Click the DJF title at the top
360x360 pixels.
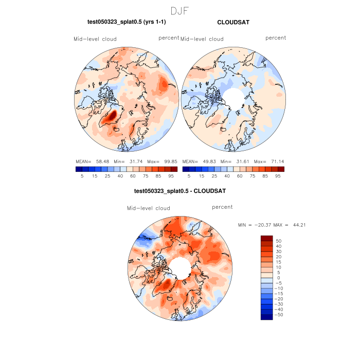pyautogui.click(x=180, y=10)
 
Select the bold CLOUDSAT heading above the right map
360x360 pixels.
pyautogui.click(x=233, y=22)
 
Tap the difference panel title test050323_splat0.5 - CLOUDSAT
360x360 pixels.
pyautogui.click(x=179, y=191)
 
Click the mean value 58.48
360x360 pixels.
pyautogui.click(x=104, y=161)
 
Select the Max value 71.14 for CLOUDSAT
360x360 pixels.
pyautogui.click(x=275, y=161)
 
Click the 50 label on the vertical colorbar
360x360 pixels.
pyautogui.click(x=279, y=241)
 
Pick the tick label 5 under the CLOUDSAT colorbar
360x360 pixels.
pyautogui.click(x=189, y=176)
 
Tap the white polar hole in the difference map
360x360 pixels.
pyautogui.click(x=179, y=267)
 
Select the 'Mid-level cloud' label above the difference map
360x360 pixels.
pyautogui.click(x=149, y=208)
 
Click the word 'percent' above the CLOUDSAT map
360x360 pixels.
pyautogui.click(x=276, y=38)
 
